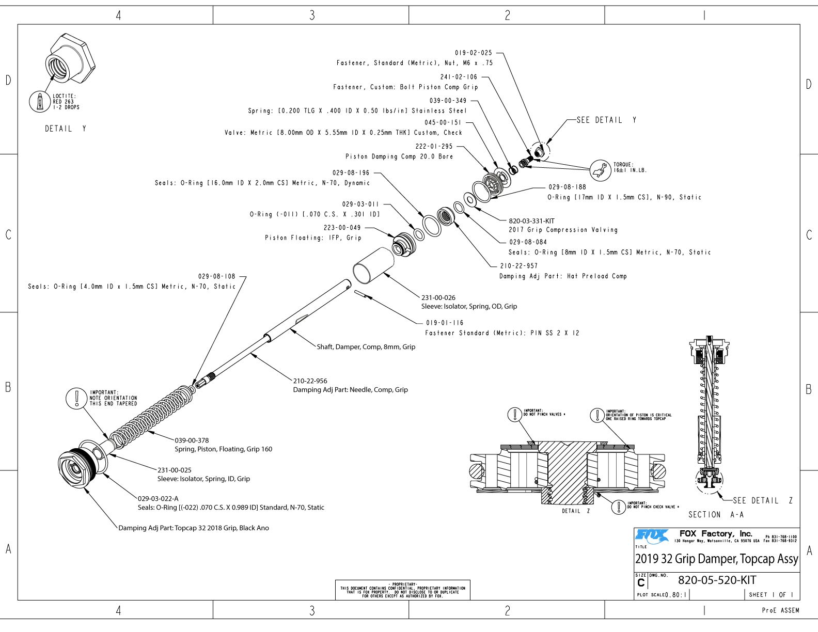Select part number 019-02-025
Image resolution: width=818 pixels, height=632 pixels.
[x=474, y=53]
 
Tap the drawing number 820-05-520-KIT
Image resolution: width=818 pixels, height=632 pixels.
[x=717, y=580]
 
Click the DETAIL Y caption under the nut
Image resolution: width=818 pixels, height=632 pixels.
[x=66, y=129]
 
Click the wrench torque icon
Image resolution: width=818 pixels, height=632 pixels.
[x=600, y=169]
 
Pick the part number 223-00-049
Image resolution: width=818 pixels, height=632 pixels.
[x=342, y=228]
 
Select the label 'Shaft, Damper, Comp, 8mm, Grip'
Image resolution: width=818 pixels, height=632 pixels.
[x=366, y=347]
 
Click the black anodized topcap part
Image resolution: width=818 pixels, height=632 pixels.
[x=76, y=468]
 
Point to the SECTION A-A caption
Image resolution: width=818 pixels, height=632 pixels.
[x=716, y=515]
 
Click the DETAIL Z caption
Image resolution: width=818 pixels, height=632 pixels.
[x=576, y=511]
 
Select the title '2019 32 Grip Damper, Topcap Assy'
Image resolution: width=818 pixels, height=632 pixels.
[x=716, y=559]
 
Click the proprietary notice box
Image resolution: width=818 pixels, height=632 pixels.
[x=402, y=590]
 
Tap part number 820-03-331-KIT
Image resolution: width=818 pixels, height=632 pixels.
[x=531, y=221]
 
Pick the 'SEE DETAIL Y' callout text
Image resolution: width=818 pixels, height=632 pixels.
[x=606, y=120]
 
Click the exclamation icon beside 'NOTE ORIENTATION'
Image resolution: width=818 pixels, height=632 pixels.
[x=76, y=398]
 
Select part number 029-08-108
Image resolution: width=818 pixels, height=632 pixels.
[x=217, y=276]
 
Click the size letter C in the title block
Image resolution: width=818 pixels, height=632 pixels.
[x=641, y=583]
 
